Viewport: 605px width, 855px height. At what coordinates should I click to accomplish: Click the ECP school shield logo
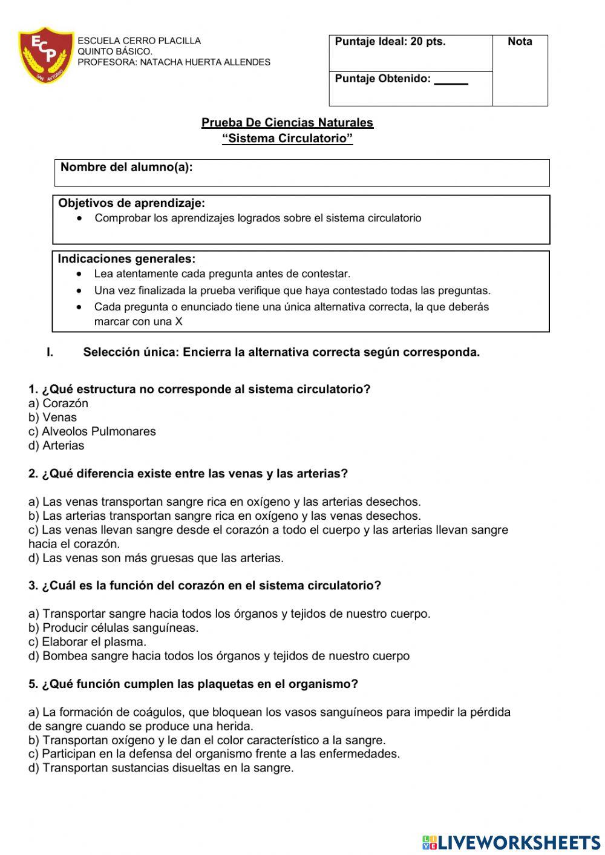coord(45,54)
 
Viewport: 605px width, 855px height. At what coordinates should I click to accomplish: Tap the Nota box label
coord(520,42)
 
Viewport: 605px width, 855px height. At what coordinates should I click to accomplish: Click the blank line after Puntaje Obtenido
coord(451,80)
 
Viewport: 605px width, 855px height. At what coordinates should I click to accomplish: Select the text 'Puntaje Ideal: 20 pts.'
coord(390,42)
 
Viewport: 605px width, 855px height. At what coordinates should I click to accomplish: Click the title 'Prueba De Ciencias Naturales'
coord(287,123)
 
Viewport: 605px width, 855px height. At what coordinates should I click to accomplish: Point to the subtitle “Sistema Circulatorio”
coord(287,139)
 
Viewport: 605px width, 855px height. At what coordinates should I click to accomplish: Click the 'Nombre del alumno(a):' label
coord(126,168)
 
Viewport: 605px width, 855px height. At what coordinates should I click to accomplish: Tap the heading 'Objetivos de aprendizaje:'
coord(131,203)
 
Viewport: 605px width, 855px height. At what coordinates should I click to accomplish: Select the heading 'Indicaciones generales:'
coord(126,259)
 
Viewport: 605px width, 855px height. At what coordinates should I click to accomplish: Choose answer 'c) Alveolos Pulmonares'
coord(92,431)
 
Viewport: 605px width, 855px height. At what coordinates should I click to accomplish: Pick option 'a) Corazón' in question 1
coord(58,404)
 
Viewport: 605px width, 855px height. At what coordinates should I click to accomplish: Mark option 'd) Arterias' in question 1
coord(56,446)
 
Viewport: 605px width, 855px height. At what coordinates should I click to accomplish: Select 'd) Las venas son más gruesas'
coord(155,558)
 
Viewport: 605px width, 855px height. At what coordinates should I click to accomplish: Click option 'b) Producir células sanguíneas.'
coord(113,628)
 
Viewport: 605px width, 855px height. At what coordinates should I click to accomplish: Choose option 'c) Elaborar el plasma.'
coord(87,642)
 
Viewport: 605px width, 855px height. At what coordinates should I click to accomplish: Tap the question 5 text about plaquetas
coord(193,684)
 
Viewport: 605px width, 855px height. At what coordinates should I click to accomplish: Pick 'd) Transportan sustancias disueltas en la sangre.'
coord(160,768)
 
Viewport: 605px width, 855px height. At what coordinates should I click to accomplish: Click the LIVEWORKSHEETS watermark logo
coord(511,842)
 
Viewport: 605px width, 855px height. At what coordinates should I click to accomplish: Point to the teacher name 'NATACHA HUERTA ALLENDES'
coord(205,62)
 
